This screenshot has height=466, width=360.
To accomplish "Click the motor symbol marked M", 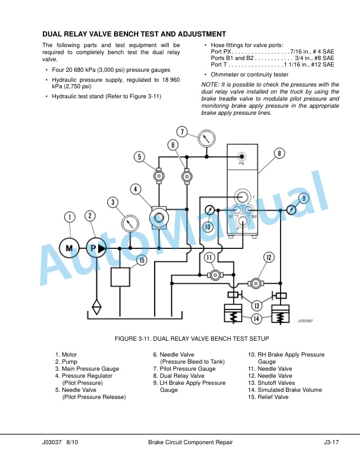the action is point(69,248).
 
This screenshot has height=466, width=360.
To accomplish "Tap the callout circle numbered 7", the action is point(182,131).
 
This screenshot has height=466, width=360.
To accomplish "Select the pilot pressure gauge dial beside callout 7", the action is point(206,138).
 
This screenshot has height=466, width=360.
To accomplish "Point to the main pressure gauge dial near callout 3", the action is point(130,223).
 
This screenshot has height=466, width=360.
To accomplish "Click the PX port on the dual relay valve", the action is point(242,157).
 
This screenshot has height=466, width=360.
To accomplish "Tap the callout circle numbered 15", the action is point(142,260).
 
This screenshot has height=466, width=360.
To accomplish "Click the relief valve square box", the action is point(120,277).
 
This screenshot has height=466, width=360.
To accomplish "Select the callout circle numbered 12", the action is point(269,257).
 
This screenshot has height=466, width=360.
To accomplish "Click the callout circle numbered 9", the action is point(304,198).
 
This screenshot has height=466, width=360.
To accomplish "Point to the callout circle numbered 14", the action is point(256,319).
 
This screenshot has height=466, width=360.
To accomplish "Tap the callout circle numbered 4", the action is point(135,189).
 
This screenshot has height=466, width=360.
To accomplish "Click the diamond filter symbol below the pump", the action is point(96,307).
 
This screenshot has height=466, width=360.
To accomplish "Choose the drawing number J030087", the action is point(305,321).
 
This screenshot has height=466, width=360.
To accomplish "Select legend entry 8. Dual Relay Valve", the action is point(179,376).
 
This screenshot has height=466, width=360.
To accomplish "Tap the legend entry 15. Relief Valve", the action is point(268,397).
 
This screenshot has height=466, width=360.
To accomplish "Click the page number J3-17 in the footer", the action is point(331,442).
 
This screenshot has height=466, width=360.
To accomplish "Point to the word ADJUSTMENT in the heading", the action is point(202,34).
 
